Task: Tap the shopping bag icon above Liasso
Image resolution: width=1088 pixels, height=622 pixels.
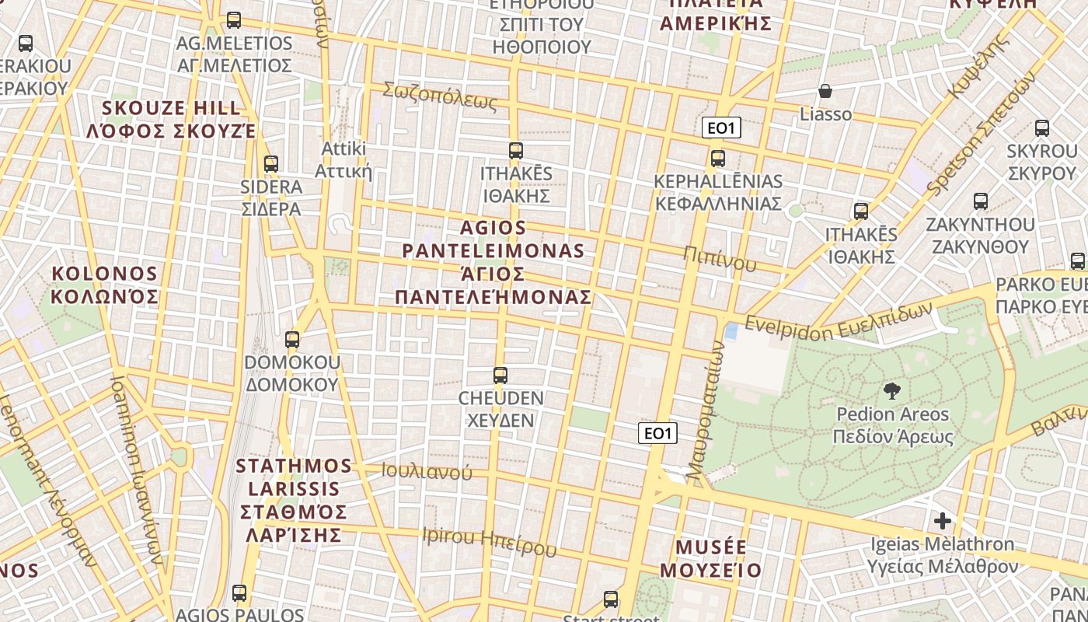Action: pos(825,92)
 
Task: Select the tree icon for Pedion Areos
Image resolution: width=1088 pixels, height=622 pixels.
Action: pos(892,390)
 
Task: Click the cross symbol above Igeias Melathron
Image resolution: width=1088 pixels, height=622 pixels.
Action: pos(943,520)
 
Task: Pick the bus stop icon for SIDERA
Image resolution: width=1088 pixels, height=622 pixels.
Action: pos(271,164)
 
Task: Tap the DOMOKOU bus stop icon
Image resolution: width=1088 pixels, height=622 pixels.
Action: pos(292,340)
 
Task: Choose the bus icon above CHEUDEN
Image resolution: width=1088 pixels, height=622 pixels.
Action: pos(500,376)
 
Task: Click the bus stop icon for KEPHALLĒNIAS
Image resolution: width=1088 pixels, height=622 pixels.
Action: pos(718,159)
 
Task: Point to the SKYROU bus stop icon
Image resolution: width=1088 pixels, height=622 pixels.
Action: pos(1042,128)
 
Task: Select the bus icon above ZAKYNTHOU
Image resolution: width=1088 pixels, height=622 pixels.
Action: pos(981,201)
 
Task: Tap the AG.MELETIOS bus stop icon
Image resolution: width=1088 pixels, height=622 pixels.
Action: pos(234,20)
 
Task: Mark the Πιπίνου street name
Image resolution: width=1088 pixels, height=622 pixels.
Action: pos(720,258)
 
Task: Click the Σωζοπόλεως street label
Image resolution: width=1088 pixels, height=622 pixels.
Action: pos(439,95)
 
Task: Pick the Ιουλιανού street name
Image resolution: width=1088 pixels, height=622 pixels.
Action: pos(427,471)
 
